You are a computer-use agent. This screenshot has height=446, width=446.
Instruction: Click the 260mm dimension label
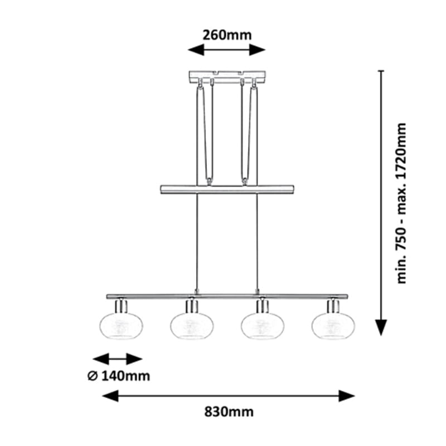point(227,35)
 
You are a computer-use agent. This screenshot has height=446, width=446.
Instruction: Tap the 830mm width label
point(229,411)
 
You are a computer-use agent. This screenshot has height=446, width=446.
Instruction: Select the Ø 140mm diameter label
point(119,376)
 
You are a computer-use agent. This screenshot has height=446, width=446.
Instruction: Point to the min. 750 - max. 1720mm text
point(401,203)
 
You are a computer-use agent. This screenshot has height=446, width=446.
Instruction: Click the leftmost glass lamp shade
point(122,326)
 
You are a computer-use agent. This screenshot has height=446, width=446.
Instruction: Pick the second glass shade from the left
point(192,326)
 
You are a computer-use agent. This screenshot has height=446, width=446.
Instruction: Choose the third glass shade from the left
point(263,326)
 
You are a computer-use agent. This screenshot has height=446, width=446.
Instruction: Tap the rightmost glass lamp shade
point(333,326)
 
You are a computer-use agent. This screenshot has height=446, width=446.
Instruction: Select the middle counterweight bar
point(227,190)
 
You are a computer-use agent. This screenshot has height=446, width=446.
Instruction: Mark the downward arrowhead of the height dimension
point(381,327)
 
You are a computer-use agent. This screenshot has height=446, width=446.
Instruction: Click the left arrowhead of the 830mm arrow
point(110,396)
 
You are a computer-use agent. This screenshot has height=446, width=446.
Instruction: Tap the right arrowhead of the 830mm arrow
point(346,396)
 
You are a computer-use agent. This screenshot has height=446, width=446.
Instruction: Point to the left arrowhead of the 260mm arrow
point(196,50)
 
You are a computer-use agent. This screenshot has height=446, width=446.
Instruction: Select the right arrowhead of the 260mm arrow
point(258,50)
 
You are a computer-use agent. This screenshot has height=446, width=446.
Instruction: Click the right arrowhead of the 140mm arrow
point(134,359)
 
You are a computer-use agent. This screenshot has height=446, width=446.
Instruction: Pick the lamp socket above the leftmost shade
point(122,306)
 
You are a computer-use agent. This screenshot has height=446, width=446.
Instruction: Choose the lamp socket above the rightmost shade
point(333,306)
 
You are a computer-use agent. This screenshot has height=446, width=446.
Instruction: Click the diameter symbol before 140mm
point(93,376)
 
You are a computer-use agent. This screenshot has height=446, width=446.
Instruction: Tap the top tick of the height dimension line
point(381,71)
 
